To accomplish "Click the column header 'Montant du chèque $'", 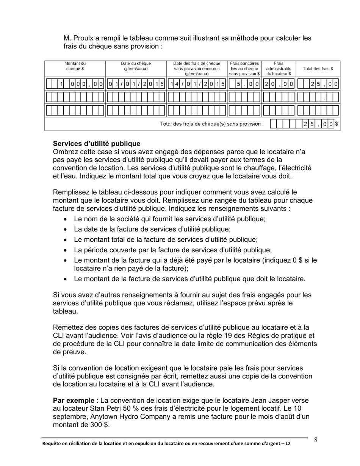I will [75, 66].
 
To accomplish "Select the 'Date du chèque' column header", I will [136, 66].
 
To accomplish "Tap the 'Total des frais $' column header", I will [318, 69].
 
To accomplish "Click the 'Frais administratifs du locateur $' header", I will [279, 69].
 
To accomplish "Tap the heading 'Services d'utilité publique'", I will [97, 144].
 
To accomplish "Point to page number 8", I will [316, 440].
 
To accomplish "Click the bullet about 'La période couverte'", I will [172, 250].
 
